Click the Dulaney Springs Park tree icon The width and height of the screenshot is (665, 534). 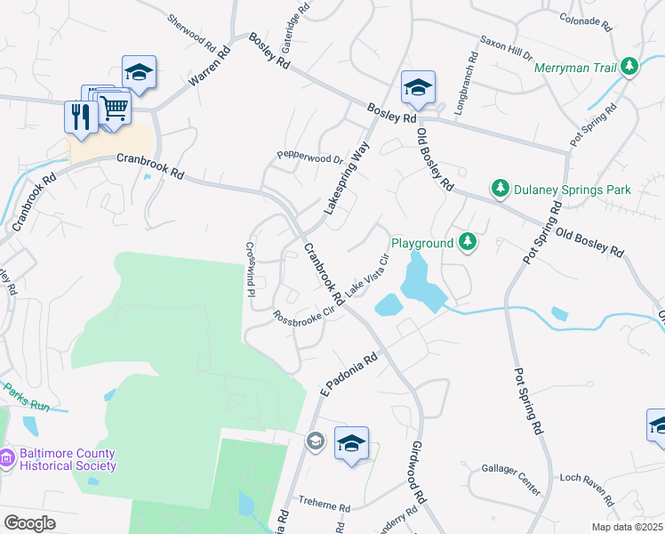pos(500,189)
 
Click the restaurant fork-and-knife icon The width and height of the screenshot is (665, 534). pos(80,117)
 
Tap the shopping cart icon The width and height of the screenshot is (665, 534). pos(114,108)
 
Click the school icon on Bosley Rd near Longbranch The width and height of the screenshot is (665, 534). pos(417,87)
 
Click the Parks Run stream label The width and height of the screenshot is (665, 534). pos(26,397)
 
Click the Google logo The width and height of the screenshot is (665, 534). pos(30,523)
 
